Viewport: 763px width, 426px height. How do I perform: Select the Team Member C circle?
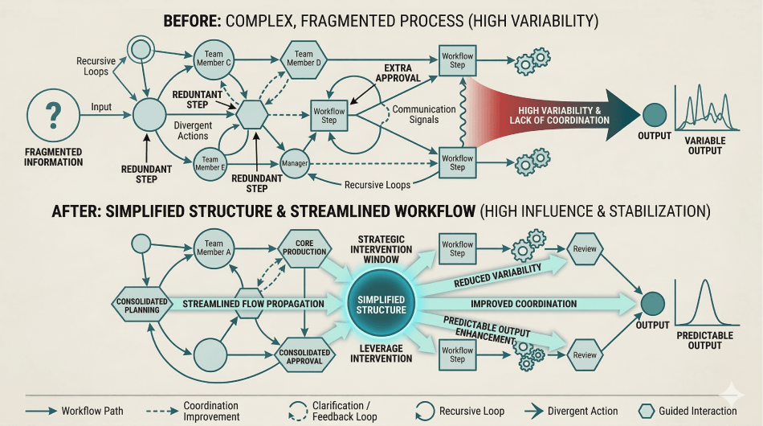(214, 59)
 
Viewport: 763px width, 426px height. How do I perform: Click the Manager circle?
(296, 164)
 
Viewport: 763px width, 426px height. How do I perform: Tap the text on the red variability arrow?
(559, 115)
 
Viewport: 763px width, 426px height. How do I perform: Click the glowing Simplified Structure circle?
(381, 304)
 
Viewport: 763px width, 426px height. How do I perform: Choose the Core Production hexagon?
(304, 246)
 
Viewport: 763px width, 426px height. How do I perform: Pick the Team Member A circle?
(214, 248)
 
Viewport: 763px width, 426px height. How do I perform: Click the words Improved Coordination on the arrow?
(523, 304)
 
